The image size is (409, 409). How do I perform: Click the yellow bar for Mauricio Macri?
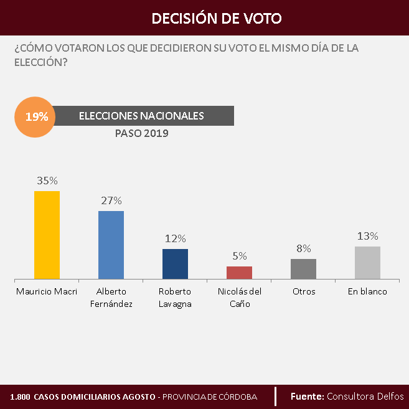(x=47, y=235)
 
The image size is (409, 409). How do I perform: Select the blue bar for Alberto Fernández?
(x=111, y=245)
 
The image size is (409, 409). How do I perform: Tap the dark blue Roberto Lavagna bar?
(x=175, y=264)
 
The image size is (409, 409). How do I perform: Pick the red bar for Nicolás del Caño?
(x=239, y=273)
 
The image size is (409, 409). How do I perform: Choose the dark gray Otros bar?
(x=303, y=269)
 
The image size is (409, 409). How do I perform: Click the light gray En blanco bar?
(x=367, y=263)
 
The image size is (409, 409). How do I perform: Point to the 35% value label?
(x=47, y=181)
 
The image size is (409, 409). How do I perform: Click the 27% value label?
(x=111, y=200)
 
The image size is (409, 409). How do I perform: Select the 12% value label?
(x=176, y=238)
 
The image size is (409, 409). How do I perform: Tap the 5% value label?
(x=240, y=256)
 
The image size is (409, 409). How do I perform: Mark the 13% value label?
(x=368, y=236)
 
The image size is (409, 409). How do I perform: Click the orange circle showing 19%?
(x=35, y=116)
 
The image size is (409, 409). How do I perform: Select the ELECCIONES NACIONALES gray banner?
(x=142, y=116)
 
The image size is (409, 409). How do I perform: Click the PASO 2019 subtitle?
(x=142, y=133)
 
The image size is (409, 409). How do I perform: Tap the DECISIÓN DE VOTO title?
(x=217, y=18)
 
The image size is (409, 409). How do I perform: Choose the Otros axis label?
(x=303, y=291)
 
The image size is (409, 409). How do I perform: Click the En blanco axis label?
(x=367, y=291)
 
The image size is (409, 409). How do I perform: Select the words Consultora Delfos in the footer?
(x=365, y=397)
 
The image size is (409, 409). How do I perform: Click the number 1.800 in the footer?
(x=21, y=397)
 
